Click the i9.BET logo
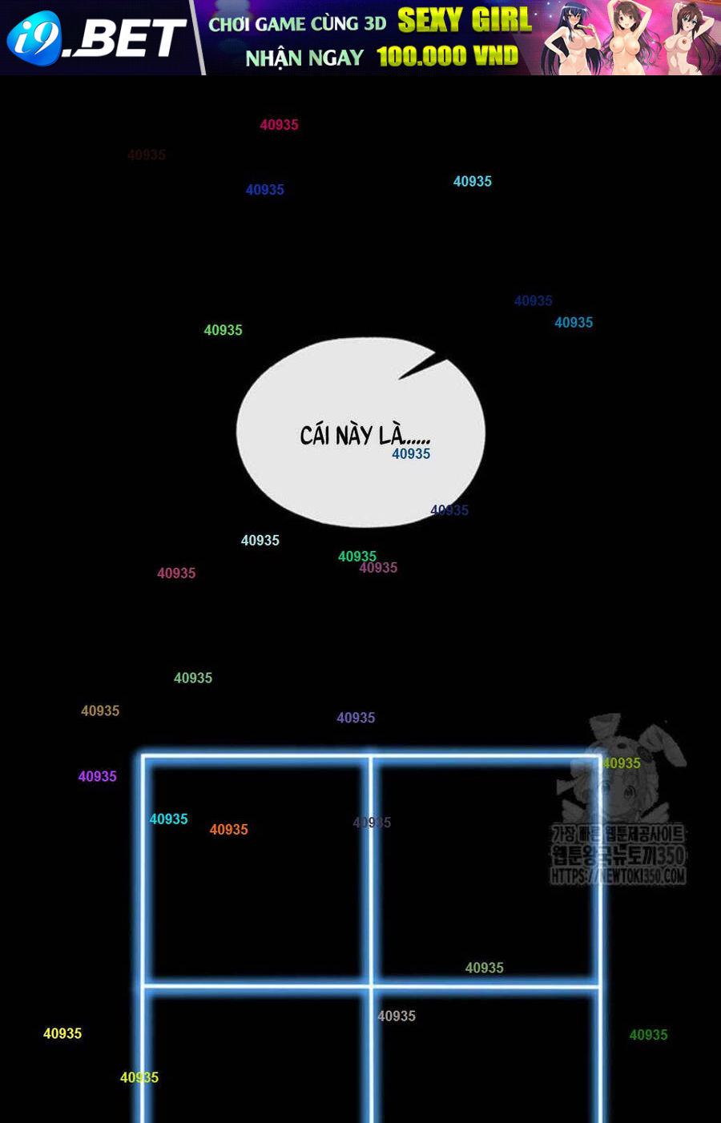(x=96, y=38)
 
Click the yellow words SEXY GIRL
(x=465, y=20)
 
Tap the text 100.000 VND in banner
(x=447, y=56)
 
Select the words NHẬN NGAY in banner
(x=304, y=58)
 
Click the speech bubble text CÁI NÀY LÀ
(x=365, y=435)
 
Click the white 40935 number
(x=260, y=541)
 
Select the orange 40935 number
(x=229, y=830)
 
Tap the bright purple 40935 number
(x=98, y=776)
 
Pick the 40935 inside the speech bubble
(x=411, y=454)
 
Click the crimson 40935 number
(x=279, y=125)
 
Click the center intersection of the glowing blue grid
(x=371, y=985)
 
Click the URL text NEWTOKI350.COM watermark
(x=618, y=875)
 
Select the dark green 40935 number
(x=648, y=1035)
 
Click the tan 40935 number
(x=100, y=710)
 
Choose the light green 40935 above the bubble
(x=223, y=330)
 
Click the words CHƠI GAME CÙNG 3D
(x=297, y=24)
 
